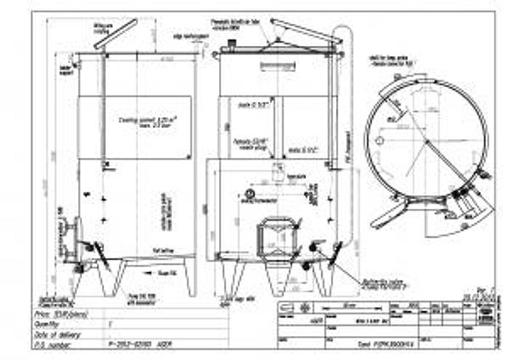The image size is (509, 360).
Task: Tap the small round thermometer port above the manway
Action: coord(250,194)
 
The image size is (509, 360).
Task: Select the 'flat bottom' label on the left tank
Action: coord(161,249)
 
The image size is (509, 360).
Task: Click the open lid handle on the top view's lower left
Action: coord(387,215)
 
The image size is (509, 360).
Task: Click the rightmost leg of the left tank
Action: coord(191,276)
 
